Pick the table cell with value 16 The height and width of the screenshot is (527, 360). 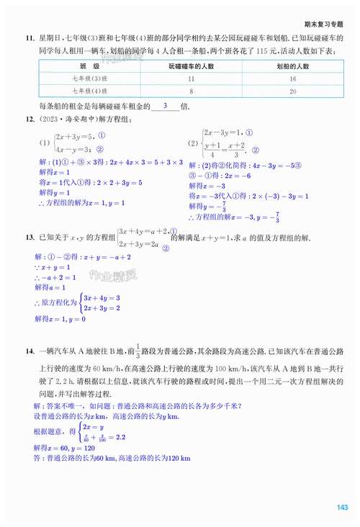tap(293, 78)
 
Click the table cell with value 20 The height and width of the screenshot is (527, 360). tap(293, 91)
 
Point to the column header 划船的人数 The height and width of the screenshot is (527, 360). tap(293, 66)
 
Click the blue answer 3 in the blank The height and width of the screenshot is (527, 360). tap(166, 105)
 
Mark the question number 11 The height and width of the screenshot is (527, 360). tap(29, 37)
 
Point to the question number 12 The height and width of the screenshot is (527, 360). tap(29, 120)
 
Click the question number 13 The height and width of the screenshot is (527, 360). tap(29, 238)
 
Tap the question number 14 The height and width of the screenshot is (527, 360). tap(29, 351)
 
